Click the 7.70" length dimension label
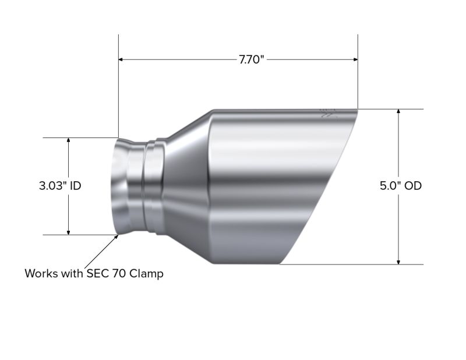[251, 59]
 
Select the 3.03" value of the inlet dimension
[52, 186]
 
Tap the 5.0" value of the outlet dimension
[390, 186]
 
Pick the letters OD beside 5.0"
[412, 186]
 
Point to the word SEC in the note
[97, 273]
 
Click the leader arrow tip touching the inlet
[117, 235]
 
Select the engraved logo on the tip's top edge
[329, 113]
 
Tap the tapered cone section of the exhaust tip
[186, 186]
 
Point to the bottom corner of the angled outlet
[281, 264]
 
